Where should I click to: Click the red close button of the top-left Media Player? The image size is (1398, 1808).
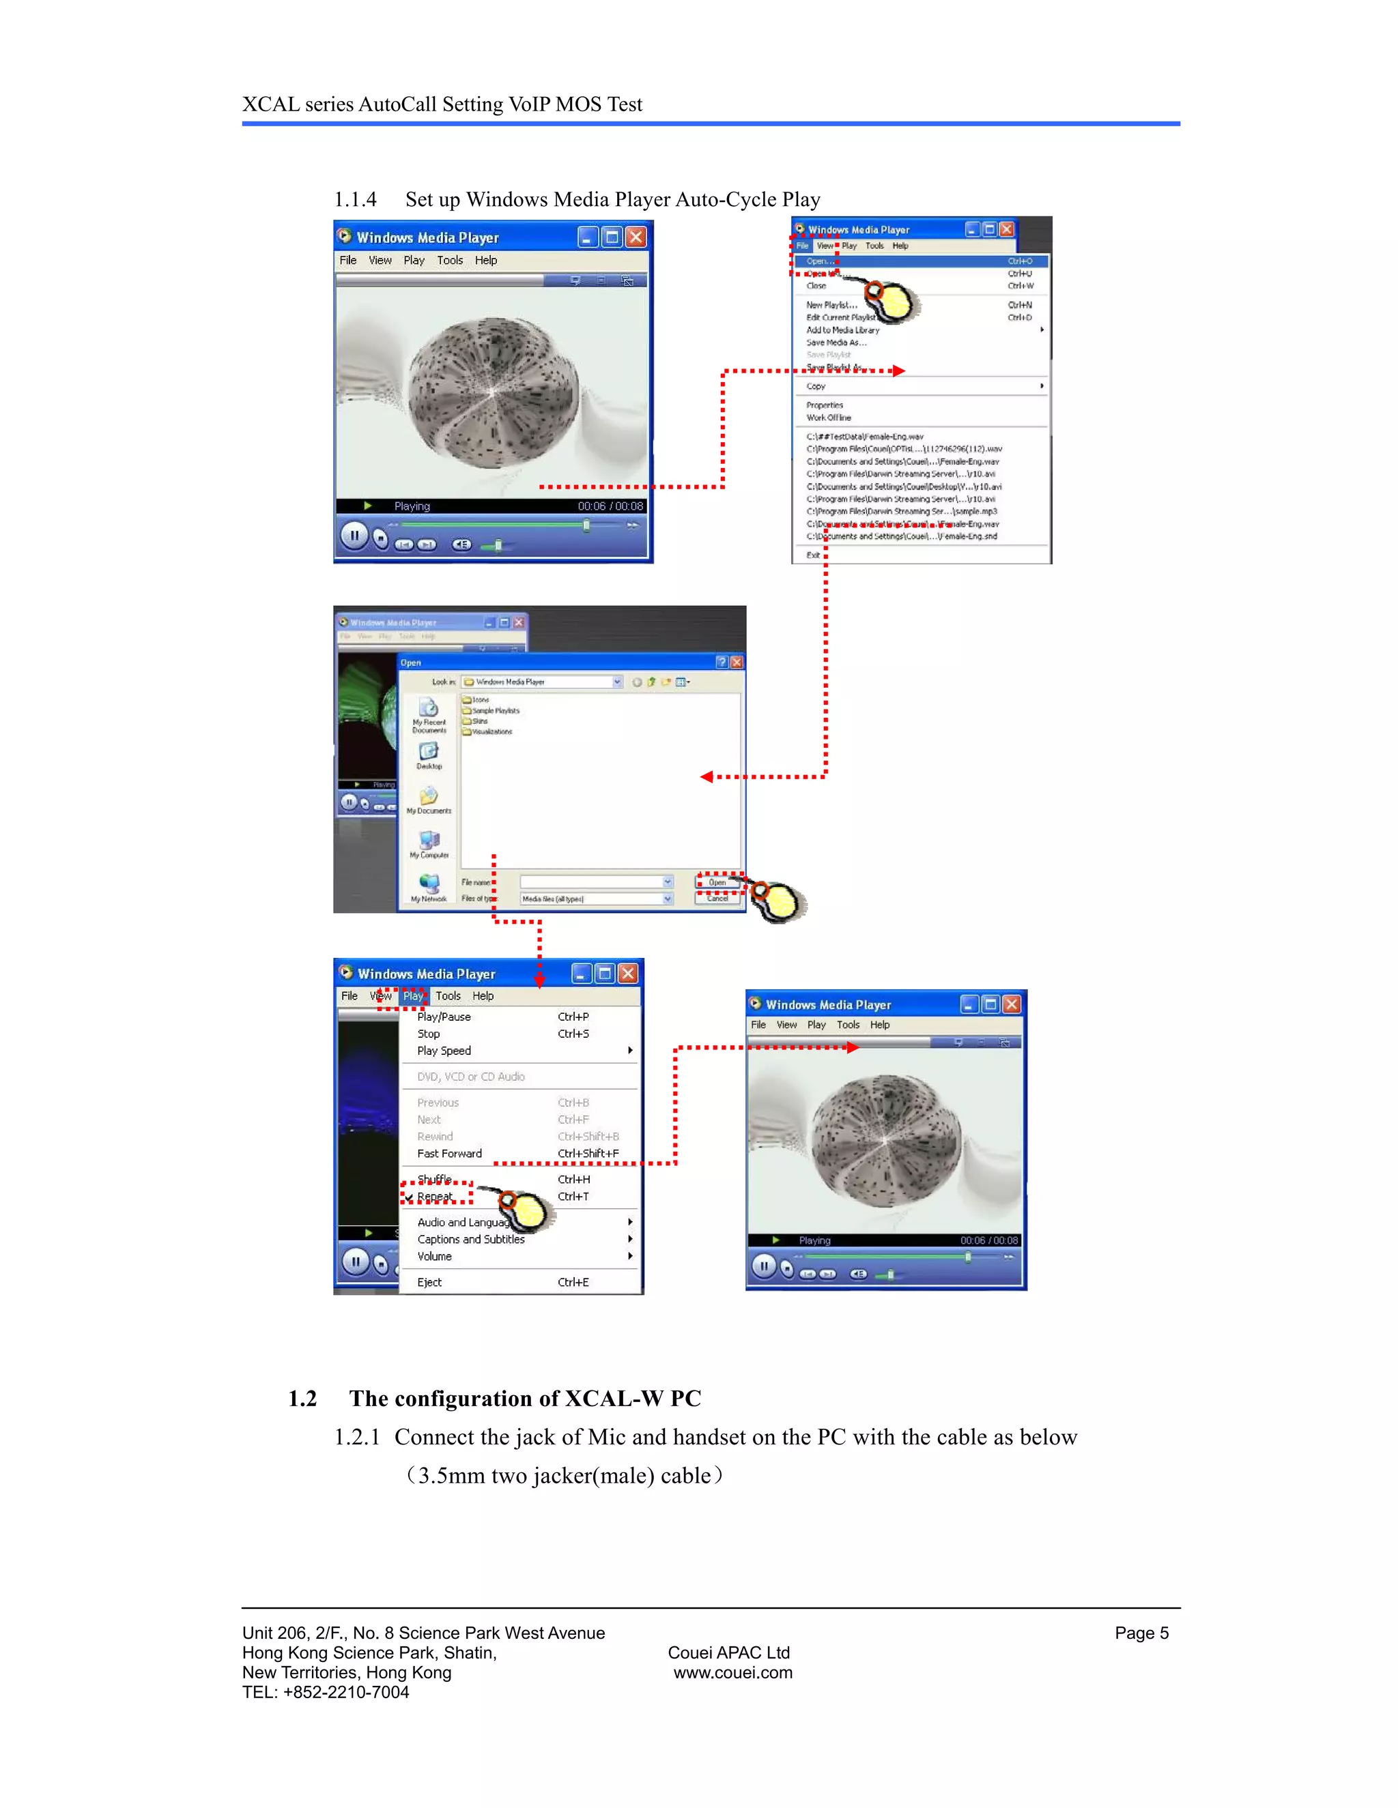[636, 237]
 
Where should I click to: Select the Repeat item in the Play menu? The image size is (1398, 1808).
[435, 1196]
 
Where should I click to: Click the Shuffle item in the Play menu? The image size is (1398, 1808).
[435, 1179]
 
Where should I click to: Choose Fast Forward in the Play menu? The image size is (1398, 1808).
[449, 1153]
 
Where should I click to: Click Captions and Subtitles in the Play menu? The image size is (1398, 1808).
[470, 1239]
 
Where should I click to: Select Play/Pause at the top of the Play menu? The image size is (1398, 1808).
[444, 1017]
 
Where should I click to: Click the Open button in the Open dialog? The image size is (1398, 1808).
[717, 882]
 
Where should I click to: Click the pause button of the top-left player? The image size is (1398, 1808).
[354, 536]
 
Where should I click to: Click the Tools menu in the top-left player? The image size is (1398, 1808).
[450, 260]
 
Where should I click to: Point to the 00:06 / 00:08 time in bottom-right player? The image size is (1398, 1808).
[989, 1240]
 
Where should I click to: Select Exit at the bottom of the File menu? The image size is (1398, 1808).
[813, 555]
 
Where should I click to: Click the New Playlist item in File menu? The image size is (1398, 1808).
[831, 305]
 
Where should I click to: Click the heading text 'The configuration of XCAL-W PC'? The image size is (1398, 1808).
[524, 1398]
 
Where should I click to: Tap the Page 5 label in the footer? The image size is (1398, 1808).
[1141, 1633]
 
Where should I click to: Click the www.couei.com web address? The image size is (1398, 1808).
[732, 1672]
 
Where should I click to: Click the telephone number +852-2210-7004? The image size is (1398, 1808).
[345, 1692]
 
